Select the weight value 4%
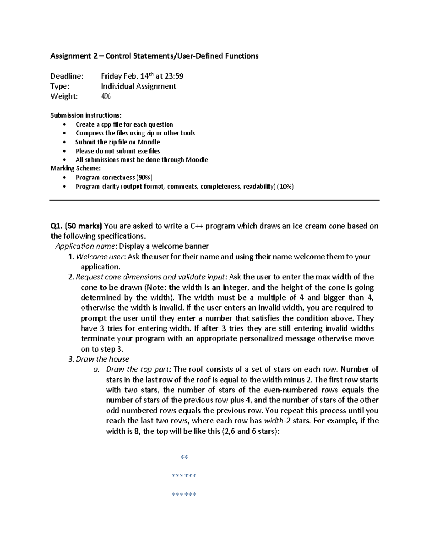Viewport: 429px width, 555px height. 106,96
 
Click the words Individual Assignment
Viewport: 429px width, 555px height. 138,86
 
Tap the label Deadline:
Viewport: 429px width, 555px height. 66,76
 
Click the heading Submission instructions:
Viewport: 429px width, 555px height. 86,115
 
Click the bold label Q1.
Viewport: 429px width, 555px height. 56,226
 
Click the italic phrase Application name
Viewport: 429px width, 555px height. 85,246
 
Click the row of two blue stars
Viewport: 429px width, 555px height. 184,457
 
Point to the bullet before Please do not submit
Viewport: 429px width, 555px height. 64,151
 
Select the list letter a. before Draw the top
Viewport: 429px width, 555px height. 96,370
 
